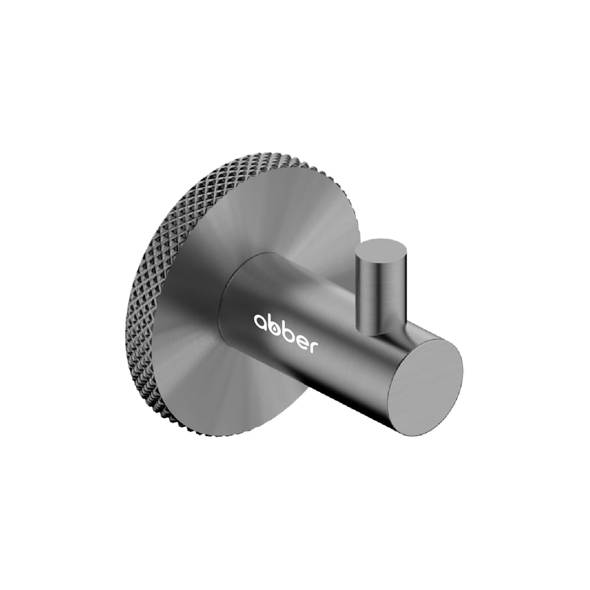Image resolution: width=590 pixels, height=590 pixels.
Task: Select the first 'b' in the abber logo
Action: pos(276,324)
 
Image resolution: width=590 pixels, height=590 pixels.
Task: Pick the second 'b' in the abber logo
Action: pos(290,328)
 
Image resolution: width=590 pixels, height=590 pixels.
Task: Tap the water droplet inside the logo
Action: pos(276,327)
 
